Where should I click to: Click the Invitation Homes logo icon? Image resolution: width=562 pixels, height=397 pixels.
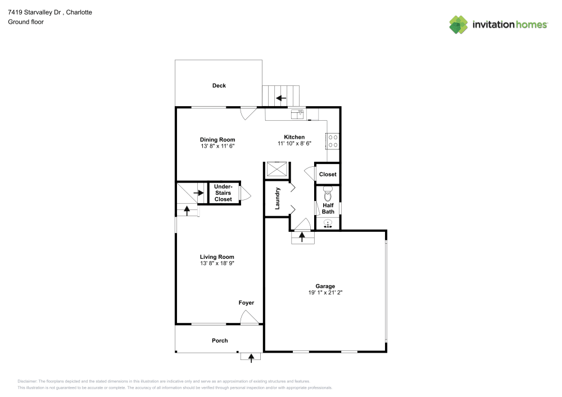pyautogui.click(x=459, y=24)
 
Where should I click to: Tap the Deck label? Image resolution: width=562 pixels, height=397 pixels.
pyautogui.click(x=219, y=85)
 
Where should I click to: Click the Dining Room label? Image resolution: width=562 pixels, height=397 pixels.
pyautogui.click(x=217, y=140)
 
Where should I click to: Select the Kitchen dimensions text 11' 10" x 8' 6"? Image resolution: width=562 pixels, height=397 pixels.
pyautogui.click(x=294, y=144)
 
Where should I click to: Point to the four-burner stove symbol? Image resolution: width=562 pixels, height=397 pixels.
pyautogui.click(x=332, y=141)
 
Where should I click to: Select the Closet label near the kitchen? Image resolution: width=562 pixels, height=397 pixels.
pyautogui.click(x=328, y=174)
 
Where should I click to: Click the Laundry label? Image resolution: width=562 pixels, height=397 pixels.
pyautogui.click(x=278, y=198)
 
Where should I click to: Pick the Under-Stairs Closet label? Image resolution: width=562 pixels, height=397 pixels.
pyautogui.click(x=223, y=193)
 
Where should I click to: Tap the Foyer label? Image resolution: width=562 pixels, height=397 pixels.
pyautogui.click(x=246, y=303)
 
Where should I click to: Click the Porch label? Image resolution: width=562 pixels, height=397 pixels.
pyautogui.click(x=220, y=340)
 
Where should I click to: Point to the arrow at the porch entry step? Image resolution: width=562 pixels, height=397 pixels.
pyautogui.click(x=251, y=357)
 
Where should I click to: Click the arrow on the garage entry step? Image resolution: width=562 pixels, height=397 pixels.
pyautogui.click(x=302, y=238)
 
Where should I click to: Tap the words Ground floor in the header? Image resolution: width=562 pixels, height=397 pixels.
pyautogui.click(x=26, y=22)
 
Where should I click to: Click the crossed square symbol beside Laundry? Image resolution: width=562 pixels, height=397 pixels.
pyautogui.click(x=278, y=169)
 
